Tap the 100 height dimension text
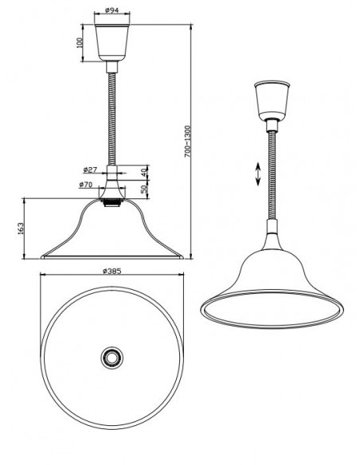(x=81, y=41)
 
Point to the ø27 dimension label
(x=89, y=169)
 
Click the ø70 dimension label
(x=88, y=185)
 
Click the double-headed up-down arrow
(x=258, y=174)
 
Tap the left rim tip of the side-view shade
(x=42, y=257)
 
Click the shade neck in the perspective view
(x=271, y=239)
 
